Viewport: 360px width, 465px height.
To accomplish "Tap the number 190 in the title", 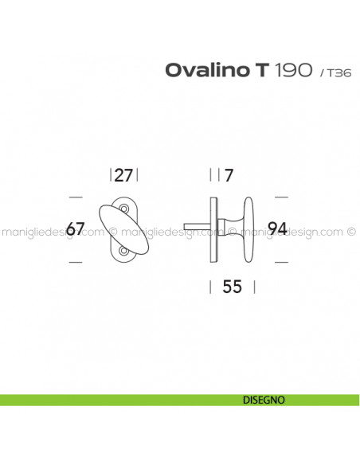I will (294, 70).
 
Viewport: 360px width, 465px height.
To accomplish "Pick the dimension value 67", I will (76, 229).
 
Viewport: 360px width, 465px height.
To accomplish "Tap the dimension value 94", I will (277, 229).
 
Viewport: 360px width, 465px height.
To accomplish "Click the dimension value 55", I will (233, 287).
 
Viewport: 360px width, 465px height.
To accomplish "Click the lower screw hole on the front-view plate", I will (124, 252).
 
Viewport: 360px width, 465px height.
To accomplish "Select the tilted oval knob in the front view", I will (123, 229).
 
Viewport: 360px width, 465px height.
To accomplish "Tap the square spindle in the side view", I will (197, 229).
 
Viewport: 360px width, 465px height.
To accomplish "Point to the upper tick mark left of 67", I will (75, 197).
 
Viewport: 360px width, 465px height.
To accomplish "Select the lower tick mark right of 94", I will (280, 261).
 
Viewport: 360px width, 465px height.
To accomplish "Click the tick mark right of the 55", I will (255, 287).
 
